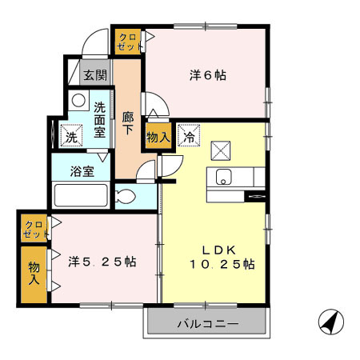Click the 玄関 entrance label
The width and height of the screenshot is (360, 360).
(95, 76)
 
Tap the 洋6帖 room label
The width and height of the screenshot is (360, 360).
(207, 76)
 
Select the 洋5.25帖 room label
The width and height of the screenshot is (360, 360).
(102, 262)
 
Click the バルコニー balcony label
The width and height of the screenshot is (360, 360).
(206, 324)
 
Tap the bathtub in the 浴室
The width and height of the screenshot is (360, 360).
(79, 197)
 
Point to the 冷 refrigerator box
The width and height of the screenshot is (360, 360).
(189, 136)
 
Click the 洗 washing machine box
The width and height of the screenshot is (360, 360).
(70, 137)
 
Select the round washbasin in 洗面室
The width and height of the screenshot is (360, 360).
(78, 102)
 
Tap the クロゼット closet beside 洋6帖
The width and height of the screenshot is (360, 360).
(128, 41)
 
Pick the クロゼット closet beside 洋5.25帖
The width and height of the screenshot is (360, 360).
(34, 229)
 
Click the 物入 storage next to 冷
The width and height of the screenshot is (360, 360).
(158, 137)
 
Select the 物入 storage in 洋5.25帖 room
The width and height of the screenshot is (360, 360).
(34, 273)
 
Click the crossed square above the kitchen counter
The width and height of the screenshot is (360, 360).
(222, 150)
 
